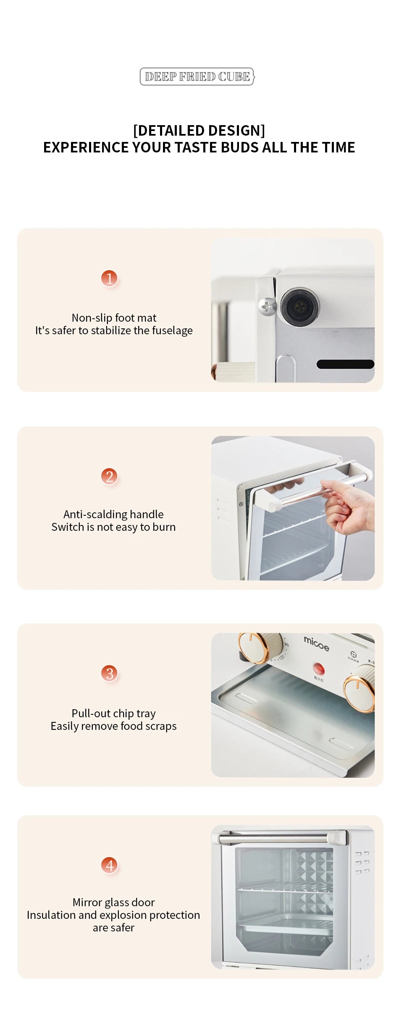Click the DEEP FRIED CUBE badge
click(x=197, y=76)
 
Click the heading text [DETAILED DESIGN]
click(x=199, y=131)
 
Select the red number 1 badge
click(x=109, y=278)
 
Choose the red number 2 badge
click(x=109, y=476)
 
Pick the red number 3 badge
click(x=109, y=674)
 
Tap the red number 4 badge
click(x=109, y=865)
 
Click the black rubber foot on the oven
click(x=299, y=306)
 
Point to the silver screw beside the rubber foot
click(x=266, y=306)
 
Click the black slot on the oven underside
click(x=345, y=364)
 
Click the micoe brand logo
click(x=316, y=643)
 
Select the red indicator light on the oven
click(x=318, y=667)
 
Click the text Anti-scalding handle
click(x=113, y=514)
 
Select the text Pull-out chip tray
click(x=113, y=713)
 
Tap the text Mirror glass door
click(x=113, y=902)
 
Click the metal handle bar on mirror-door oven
click(x=273, y=839)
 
